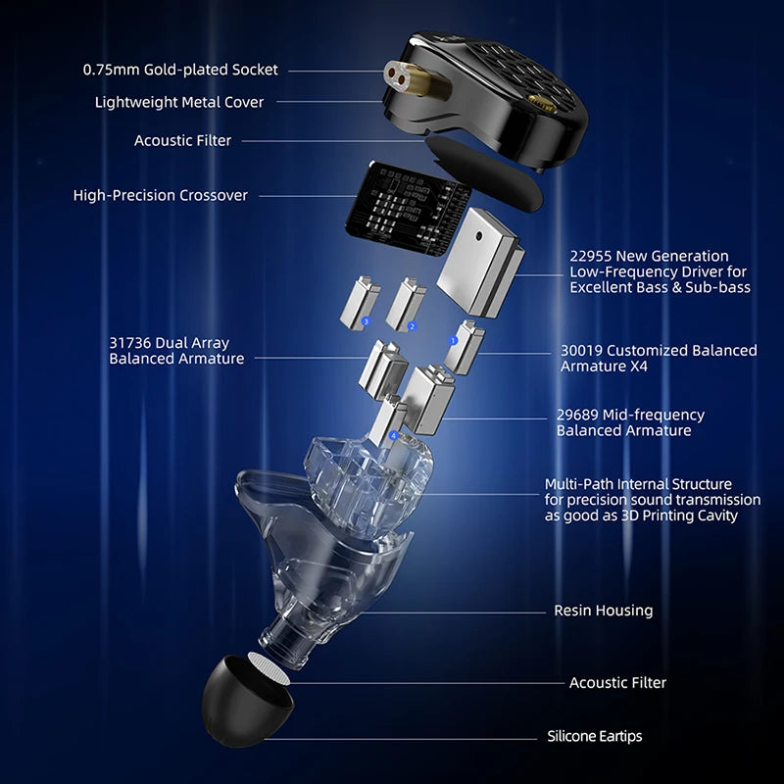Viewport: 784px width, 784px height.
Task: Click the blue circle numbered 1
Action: point(453,340)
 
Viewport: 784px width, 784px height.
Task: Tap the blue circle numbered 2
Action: point(412,326)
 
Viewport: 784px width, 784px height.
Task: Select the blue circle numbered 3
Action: point(366,321)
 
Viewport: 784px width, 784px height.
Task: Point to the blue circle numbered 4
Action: point(394,435)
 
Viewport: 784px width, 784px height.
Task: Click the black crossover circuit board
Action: point(408,209)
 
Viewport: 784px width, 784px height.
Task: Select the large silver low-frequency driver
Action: point(480,263)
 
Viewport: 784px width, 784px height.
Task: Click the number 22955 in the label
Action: point(591,256)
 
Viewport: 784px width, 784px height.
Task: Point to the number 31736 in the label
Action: point(130,343)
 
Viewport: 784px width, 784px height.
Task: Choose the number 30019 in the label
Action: point(581,351)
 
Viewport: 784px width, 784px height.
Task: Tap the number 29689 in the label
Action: point(577,415)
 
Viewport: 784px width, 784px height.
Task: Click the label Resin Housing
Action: point(604,611)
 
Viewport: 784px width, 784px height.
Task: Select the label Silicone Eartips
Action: point(595,736)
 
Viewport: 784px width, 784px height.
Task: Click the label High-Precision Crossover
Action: point(161,195)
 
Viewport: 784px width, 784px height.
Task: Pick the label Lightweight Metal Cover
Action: point(179,102)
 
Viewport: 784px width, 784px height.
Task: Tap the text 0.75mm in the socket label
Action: point(111,70)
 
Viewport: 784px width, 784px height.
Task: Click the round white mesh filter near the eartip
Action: point(269,668)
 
